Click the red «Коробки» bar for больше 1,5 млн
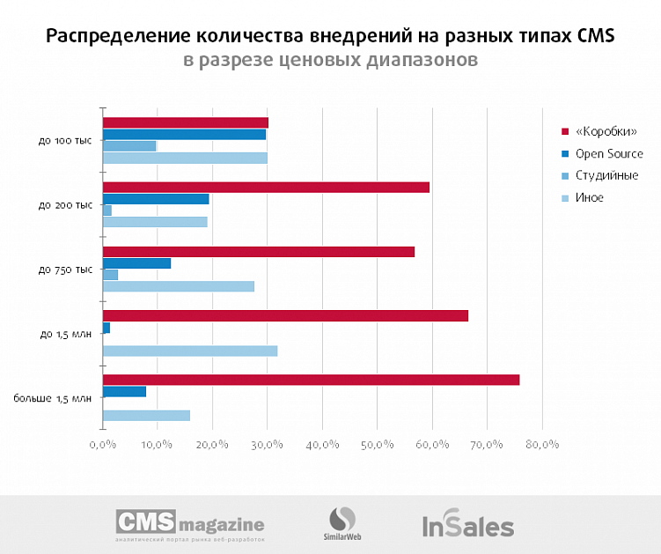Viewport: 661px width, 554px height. (x=311, y=380)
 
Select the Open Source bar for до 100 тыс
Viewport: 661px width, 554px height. (x=184, y=134)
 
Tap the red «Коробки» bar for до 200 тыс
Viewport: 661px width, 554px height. (x=266, y=187)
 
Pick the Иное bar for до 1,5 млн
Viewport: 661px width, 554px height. (x=190, y=351)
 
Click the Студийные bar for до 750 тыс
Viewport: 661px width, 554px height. (x=110, y=275)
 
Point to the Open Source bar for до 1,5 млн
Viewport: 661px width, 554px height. (x=106, y=328)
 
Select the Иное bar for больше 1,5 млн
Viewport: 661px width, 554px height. (x=146, y=415)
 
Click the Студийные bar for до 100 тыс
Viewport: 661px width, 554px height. (x=129, y=146)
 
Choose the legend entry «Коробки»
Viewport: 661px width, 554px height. (x=605, y=131)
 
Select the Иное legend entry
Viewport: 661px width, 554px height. (x=589, y=197)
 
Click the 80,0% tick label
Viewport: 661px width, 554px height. (x=541, y=445)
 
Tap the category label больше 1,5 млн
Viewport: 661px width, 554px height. (x=52, y=399)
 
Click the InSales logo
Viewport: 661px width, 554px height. (x=467, y=526)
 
